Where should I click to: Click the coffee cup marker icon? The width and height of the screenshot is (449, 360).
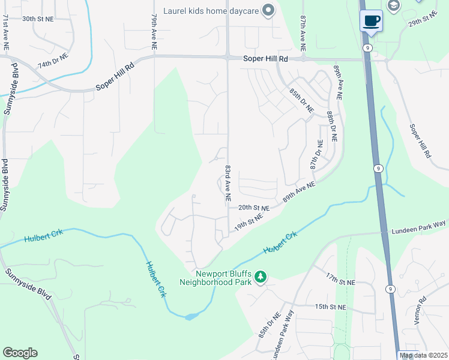[371, 20]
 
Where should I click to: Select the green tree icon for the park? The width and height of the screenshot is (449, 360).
[261, 277]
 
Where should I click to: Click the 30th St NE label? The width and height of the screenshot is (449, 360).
[38, 19]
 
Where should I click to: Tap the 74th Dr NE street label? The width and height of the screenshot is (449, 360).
[53, 62]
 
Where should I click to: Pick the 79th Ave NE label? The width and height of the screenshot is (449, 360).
[154, 32]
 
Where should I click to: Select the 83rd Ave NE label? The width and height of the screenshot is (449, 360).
[229, 183]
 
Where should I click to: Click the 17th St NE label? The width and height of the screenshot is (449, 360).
[340, 279]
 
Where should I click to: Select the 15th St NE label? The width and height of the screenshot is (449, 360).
[331, 307]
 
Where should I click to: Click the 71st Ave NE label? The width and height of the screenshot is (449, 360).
[5, 32]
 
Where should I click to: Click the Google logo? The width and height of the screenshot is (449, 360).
[20, 353]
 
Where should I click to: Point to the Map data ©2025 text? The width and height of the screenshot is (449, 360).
[423, 355]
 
